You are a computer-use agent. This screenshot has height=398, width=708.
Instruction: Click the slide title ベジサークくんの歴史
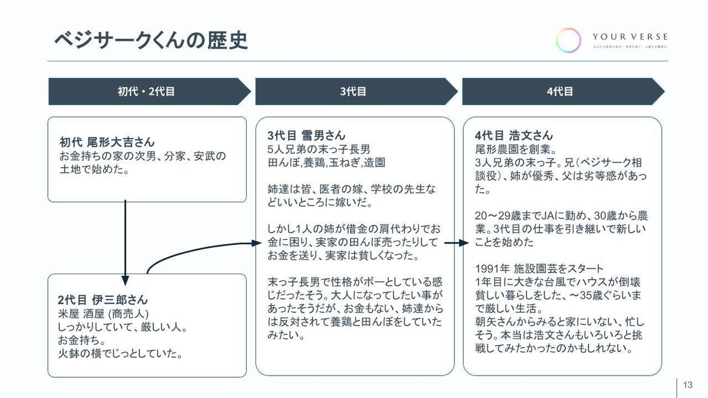pyautogui.click(x=150, y=40)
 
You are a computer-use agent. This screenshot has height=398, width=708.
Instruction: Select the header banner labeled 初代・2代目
pyautogui.click(x=146, y=91)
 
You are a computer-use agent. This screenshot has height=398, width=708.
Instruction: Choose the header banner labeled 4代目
pyautogui.click(x=560, y=91)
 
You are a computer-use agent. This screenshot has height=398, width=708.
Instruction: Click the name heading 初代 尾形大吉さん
pyautogui.click(x=107, y=142)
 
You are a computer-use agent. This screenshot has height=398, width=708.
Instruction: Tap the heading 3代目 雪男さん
pyautogui.click(x=306, y=135)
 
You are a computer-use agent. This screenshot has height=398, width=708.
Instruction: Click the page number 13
pyautogui.click(x=687, y=385)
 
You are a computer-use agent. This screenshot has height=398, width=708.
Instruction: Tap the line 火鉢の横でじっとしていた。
pyautogui.click(x=119, y=354)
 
